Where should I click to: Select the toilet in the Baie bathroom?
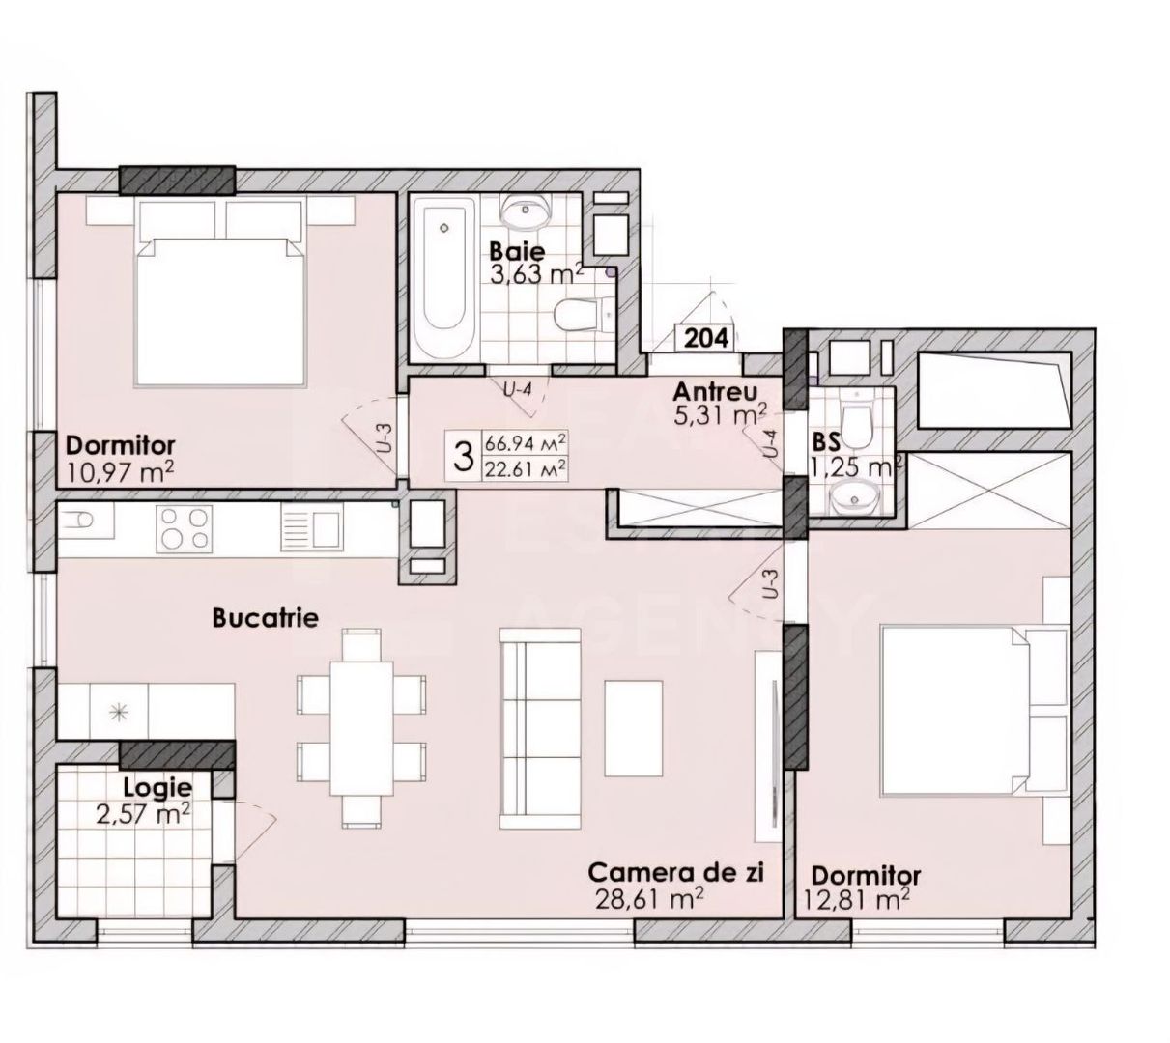[584, 314]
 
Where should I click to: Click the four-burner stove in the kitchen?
[184, 528]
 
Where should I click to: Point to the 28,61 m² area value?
[649, 899]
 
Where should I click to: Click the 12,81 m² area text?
[855, 901]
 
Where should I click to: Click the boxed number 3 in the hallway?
[463, 457]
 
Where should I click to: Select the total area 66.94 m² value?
[525, 443]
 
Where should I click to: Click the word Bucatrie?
[266, 618]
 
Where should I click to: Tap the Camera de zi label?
[677, 874]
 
